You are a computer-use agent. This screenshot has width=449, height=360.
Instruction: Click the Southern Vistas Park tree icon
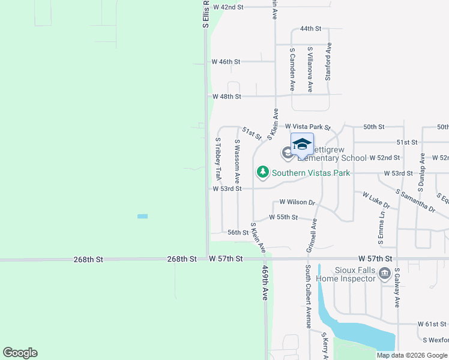263,173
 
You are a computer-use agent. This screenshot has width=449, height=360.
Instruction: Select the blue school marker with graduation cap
302,145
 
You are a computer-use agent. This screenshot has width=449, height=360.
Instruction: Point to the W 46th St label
226,62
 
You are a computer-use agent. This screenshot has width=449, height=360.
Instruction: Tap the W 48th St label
226,96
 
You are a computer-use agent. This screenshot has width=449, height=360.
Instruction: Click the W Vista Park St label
308,127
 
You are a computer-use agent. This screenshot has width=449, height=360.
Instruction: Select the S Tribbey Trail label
218,159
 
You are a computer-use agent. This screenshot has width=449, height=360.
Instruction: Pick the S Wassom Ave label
238,161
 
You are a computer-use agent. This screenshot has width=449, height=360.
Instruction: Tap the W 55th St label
283,217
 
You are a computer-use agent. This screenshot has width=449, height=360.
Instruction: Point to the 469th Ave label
265,284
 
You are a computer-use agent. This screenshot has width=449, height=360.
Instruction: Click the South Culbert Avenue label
307,296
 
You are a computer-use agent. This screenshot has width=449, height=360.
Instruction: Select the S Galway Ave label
397,288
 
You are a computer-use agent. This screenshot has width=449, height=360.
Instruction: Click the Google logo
20,353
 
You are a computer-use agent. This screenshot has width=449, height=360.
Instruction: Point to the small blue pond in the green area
142,216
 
